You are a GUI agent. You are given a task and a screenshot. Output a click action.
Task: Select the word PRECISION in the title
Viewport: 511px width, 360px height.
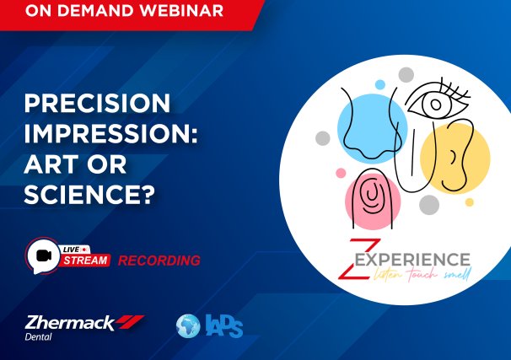[x=97, y=105]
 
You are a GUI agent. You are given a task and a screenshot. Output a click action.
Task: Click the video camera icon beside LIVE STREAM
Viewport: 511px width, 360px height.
[x=41, y=254]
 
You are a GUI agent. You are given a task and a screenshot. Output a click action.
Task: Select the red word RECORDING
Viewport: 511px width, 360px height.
[x=159, y=261]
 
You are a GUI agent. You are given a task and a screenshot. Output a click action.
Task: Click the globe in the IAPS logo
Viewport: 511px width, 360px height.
[x=187, y=325]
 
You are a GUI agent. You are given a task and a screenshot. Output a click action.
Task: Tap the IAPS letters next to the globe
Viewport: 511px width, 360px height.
[x=223, y=325]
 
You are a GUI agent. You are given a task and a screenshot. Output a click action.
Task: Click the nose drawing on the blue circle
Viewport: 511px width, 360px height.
[x=363, y=126]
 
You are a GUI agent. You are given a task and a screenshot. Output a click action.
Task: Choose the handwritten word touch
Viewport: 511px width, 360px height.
[x=416, y=275]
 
